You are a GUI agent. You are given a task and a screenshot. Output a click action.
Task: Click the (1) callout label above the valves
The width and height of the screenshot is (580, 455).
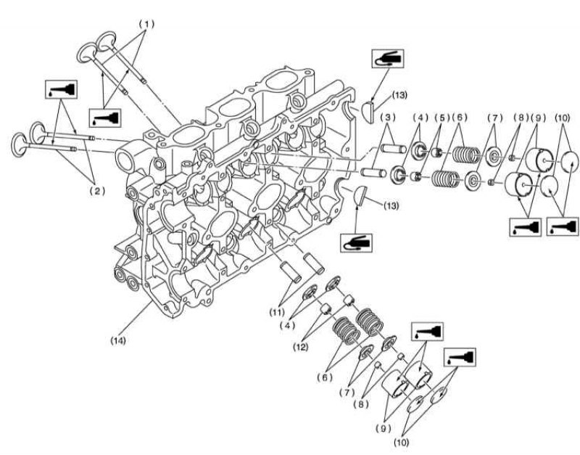(146, 24)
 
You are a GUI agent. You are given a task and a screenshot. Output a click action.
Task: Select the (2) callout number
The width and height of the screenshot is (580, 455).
(97, 191)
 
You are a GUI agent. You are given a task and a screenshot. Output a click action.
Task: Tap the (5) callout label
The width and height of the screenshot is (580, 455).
(441, 118)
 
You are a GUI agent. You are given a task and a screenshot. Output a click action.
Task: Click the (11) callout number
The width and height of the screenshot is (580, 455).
(277, 312)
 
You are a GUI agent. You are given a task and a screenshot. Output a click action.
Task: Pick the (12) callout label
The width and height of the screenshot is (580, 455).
(300, 347)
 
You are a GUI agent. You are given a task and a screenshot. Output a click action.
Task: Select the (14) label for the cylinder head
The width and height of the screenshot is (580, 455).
(118, 340)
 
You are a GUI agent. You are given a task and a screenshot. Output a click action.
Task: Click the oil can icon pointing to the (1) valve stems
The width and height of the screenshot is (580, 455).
(105, 118)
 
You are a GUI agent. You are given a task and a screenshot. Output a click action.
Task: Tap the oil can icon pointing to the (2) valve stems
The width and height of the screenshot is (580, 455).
(61, 89)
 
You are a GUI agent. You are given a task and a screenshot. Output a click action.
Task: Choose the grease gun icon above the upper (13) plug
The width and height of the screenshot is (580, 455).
(388, 58)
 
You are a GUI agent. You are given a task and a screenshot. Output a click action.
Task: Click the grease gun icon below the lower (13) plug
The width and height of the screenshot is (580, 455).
(356, 243)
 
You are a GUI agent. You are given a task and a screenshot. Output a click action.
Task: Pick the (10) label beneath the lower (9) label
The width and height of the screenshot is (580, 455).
(402, 442)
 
